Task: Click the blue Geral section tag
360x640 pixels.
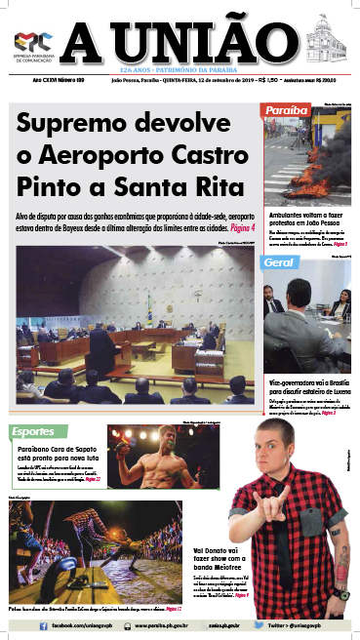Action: tap(280, 262)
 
